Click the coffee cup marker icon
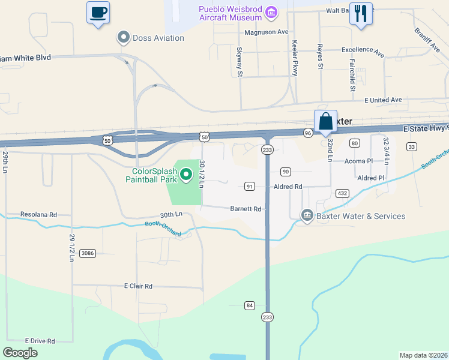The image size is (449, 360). coord(98,12)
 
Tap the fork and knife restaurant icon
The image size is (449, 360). coord(361,13)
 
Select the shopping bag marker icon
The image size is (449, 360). coord(325,121)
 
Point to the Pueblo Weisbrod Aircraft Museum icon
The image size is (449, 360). coord(271,12)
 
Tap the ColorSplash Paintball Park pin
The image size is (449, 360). coord(186,175)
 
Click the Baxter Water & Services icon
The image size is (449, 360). coord(307,215)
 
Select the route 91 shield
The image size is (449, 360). coord(250,187)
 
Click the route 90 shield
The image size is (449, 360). coord(286,172)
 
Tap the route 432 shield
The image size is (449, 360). coord(342,193)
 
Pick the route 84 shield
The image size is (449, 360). coord(250,305)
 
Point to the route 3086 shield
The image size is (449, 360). coord(88,253)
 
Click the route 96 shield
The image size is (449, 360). coord(307,133)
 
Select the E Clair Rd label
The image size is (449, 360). coord(139,286)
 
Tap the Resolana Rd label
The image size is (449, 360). coord(38,214)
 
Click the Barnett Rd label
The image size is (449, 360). coord(246,209)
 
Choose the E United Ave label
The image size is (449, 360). coord(383,100)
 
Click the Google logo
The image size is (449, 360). coord(20,353)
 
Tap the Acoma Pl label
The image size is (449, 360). coord(359,161)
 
